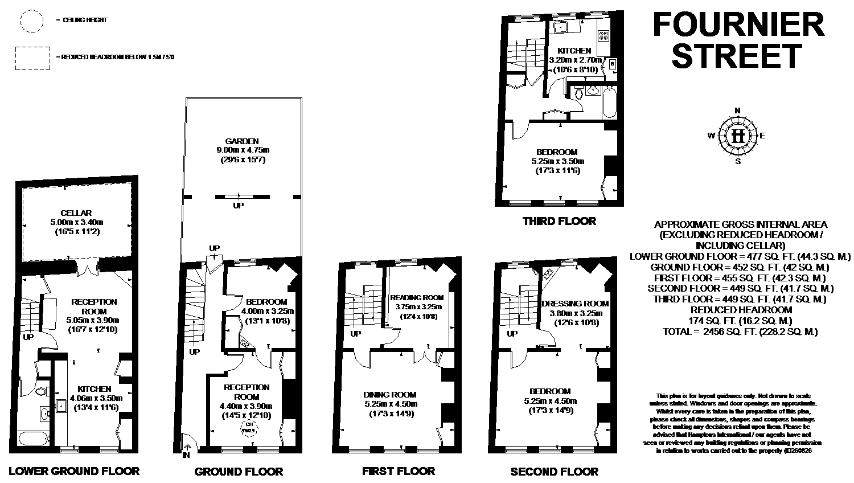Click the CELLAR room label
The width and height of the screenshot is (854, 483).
76,213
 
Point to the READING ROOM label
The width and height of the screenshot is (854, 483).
416,297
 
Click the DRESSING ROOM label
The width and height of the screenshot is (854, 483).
575,304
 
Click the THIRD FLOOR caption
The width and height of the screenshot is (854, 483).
559,221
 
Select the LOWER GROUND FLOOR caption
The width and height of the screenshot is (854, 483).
74,471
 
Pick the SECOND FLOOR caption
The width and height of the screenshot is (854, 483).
554,472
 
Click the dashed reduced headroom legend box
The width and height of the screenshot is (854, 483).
31,58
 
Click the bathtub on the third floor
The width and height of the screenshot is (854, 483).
609,103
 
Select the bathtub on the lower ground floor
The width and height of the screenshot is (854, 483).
34,439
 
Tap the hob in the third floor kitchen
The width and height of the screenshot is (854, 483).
603,35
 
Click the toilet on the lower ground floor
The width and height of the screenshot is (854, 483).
39,391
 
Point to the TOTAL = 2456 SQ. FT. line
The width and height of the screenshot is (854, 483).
740,331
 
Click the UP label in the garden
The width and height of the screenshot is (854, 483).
238,206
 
